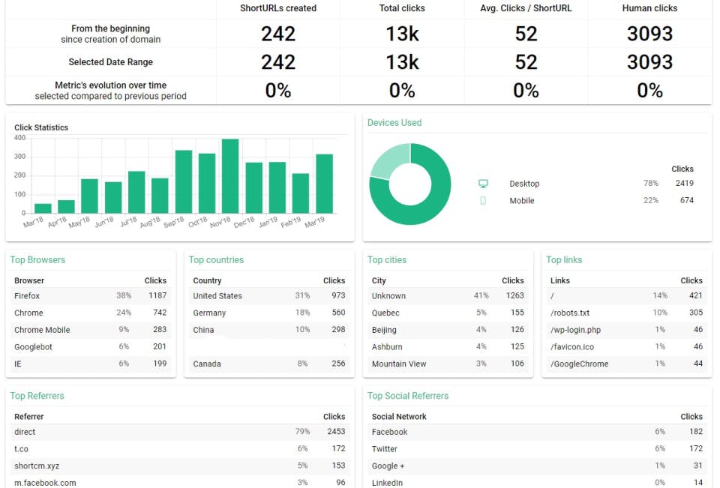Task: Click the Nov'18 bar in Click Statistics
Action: point(230,176)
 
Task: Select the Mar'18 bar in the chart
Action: point(43,208)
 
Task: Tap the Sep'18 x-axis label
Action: point(173,223)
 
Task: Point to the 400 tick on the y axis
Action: point(19,138)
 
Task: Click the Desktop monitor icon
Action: point(483,184)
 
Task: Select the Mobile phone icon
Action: point(483,201)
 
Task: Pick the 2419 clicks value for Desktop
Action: point(684,184)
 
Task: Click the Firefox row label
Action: point(27,296)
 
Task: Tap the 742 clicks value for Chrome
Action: point(159,313)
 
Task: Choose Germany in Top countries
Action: point(209,313)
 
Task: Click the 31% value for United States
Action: point(302,296)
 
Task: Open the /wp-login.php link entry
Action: point(575,330)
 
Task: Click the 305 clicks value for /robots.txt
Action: point(695,313)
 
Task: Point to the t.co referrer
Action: point(21,449)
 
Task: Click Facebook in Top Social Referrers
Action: point(389,432)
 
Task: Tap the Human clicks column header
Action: point(649,8)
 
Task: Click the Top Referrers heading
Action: point(37,396)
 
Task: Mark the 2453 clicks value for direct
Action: point(336,432)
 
